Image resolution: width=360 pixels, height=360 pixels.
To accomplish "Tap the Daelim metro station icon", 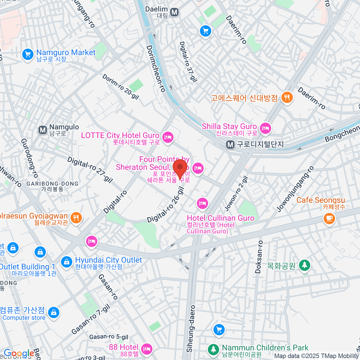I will [x=174, y=12].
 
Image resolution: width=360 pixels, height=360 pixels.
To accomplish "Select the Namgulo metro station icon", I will [x=43, y=130].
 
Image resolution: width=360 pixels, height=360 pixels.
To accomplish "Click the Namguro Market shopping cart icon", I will [x=28, y=55].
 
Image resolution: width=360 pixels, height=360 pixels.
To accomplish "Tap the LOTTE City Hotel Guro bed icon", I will [x=168, y=138].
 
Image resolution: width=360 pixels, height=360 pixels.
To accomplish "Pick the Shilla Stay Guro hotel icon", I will [x=265, y=128].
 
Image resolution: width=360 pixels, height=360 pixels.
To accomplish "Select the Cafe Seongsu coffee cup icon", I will [x=329, y=218].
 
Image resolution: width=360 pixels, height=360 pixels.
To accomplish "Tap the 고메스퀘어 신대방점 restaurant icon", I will [x=287, y=97].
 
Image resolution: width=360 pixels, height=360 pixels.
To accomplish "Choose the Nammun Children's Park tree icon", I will [x=213, y=349].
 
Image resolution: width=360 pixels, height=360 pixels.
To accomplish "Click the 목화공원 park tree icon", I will [x=304, y=265].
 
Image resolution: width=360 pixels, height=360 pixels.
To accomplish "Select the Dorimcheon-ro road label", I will [x=156, y=69].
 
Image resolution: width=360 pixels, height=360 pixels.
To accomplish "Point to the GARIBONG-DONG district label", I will [x=52, y=184].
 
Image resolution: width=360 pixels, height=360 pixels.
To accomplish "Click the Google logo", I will [x=19, y=353].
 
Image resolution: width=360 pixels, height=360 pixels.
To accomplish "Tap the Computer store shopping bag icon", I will [x=53, y=313].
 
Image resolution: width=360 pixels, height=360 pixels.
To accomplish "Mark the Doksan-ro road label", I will [x=259, y=257].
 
